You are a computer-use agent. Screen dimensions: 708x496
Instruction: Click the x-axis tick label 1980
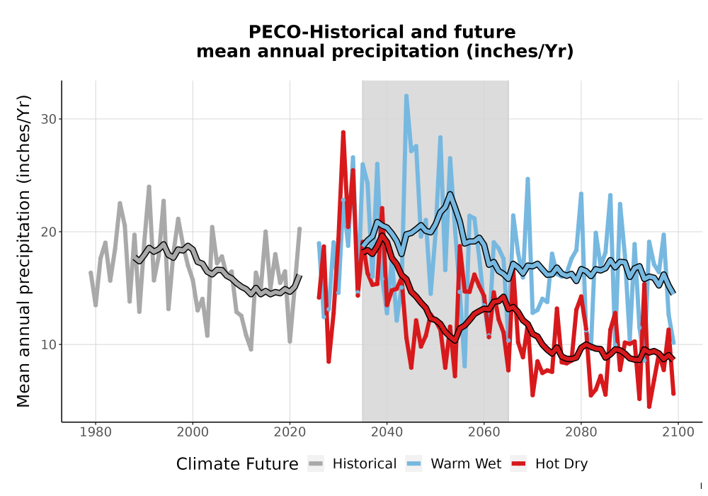click(96, 432)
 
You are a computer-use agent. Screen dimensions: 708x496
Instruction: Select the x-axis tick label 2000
click(193, 432)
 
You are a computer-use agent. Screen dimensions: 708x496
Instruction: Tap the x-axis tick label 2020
click(290, 432)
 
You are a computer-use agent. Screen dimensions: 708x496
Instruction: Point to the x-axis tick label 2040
click(387, 432)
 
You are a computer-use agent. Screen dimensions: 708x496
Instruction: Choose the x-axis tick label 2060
click(484, 432)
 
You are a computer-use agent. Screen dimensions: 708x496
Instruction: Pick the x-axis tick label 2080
click(581, 432)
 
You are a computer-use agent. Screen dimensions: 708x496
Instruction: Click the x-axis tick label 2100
click(678, 432)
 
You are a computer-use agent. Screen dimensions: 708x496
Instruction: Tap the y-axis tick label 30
click(48, 119)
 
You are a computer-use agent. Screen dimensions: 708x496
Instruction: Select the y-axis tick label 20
click(48, 232)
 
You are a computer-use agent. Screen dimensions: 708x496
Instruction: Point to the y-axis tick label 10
click(48, 344)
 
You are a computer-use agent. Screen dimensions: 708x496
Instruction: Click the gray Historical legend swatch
click(316, 464)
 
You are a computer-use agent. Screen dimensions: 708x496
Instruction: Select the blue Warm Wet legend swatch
click(413, 464)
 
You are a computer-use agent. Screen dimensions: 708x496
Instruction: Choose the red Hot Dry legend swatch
click(519, 464)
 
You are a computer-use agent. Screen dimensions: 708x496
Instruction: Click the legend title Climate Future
click(237, 464)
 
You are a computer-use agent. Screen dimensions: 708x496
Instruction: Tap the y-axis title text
click(23, 251)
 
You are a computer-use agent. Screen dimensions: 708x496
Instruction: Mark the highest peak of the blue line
click(406, 96)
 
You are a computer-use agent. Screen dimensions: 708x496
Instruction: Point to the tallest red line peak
click(343, 133)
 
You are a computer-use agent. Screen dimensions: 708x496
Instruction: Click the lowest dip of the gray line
click(251, 349)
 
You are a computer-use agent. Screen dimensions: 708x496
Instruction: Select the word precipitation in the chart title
click(394, 52)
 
